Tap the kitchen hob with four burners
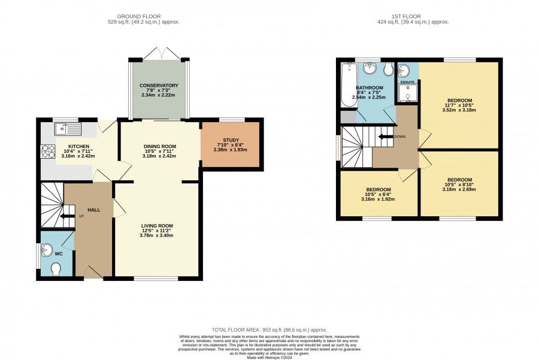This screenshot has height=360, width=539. (48, 152)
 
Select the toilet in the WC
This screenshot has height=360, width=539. (55, 269)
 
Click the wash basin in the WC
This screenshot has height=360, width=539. (46, 250)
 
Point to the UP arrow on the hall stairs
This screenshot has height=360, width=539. (68, 216)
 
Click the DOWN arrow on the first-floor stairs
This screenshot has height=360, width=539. (385, 137)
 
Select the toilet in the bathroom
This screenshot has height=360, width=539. (389, 69)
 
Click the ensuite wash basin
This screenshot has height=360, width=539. (404, 71)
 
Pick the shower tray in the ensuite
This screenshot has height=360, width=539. (407, 93)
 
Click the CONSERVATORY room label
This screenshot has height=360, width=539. (159, 85)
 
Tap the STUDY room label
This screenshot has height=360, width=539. (231, 140)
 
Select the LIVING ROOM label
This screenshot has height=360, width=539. (157, 226)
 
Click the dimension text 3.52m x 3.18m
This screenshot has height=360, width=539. (459, 110)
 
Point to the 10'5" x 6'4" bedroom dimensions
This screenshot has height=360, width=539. (378, 194)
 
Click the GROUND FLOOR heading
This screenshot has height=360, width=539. (139, 16)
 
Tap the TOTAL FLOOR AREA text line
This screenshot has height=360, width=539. (269, 329)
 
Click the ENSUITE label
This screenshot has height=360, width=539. (407, 82)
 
